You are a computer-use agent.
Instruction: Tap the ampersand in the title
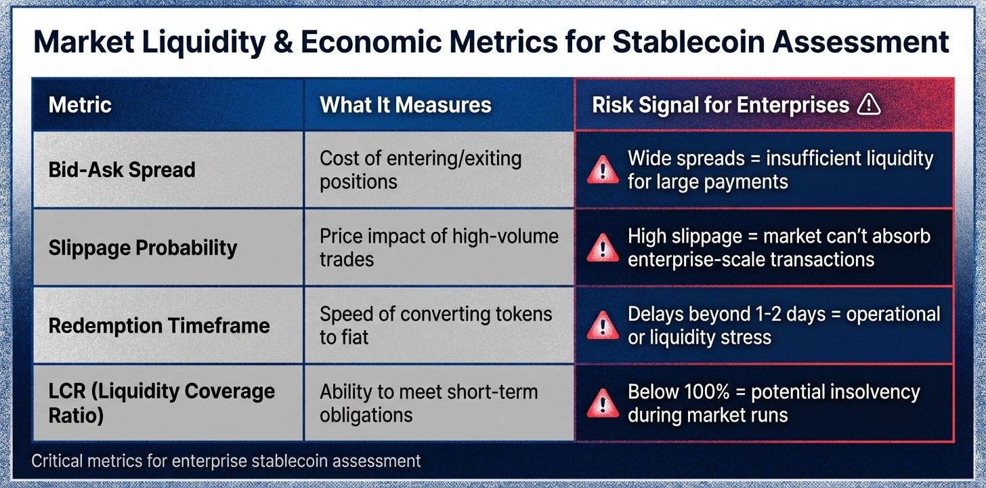coord(280,42)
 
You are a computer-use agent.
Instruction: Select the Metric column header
coord(80,104)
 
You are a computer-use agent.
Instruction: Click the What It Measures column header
coord(405,104)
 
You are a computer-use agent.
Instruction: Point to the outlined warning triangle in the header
coord(868,104)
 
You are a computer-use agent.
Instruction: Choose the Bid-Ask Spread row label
coord(122,169)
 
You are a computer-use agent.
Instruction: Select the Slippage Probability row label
coord(143,247)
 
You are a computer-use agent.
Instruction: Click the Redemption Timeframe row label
coord(159,325)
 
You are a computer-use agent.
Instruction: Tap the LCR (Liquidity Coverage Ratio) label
coord(161,403)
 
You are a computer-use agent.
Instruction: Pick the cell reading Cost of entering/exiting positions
coord(420,169)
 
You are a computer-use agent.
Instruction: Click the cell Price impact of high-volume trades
coord(439,247)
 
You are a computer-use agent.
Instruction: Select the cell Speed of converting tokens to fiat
coord(435,325)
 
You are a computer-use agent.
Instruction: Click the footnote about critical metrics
coord(226,462)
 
